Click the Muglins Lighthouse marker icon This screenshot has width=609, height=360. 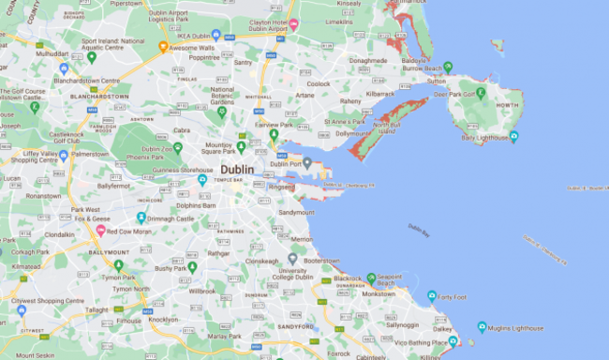click(x=482, y=327)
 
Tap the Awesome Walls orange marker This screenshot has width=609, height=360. click(x=163, y=46)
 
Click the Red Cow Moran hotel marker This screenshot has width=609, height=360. click(x=99, y=230)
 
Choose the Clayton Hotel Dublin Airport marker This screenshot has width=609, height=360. click(x=293, y=24)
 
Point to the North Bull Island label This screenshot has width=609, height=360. click(x=387, y=127)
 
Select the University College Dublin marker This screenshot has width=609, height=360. click(x=293, y=259)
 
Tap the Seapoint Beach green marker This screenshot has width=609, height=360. click(x=371, y=277)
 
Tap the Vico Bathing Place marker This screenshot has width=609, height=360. click(x=453, y=343)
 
